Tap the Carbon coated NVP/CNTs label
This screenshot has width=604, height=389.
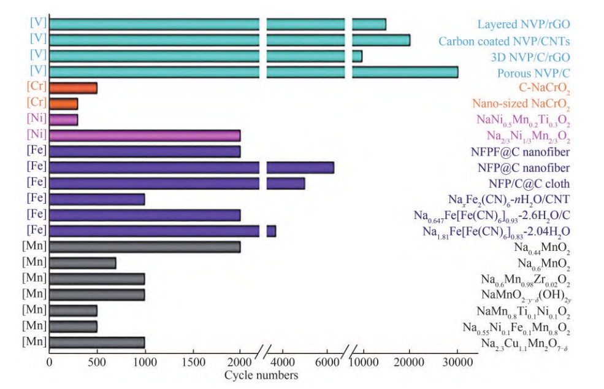(504, 41)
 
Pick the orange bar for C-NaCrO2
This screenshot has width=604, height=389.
(73, 88)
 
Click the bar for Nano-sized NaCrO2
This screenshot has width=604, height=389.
(63, 104)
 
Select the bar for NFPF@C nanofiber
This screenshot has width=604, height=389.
(145, 151)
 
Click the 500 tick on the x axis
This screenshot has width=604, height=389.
(97, 362)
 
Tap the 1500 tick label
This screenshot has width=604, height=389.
(193, 362)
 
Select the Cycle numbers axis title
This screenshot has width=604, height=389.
(261, 374)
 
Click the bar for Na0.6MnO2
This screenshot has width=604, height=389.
(82, 263)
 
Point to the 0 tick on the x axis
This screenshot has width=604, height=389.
(49, 362)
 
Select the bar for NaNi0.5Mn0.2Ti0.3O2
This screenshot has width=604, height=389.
(63, 119)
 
